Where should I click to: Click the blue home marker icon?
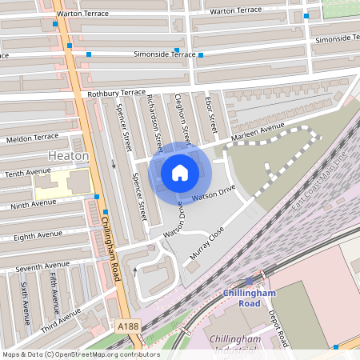coord(180,173)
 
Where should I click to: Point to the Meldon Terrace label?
coord(32,138)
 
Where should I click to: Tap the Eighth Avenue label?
coord(38,235)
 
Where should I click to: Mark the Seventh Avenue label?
coord(43,266)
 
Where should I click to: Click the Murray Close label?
coord(207,244)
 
